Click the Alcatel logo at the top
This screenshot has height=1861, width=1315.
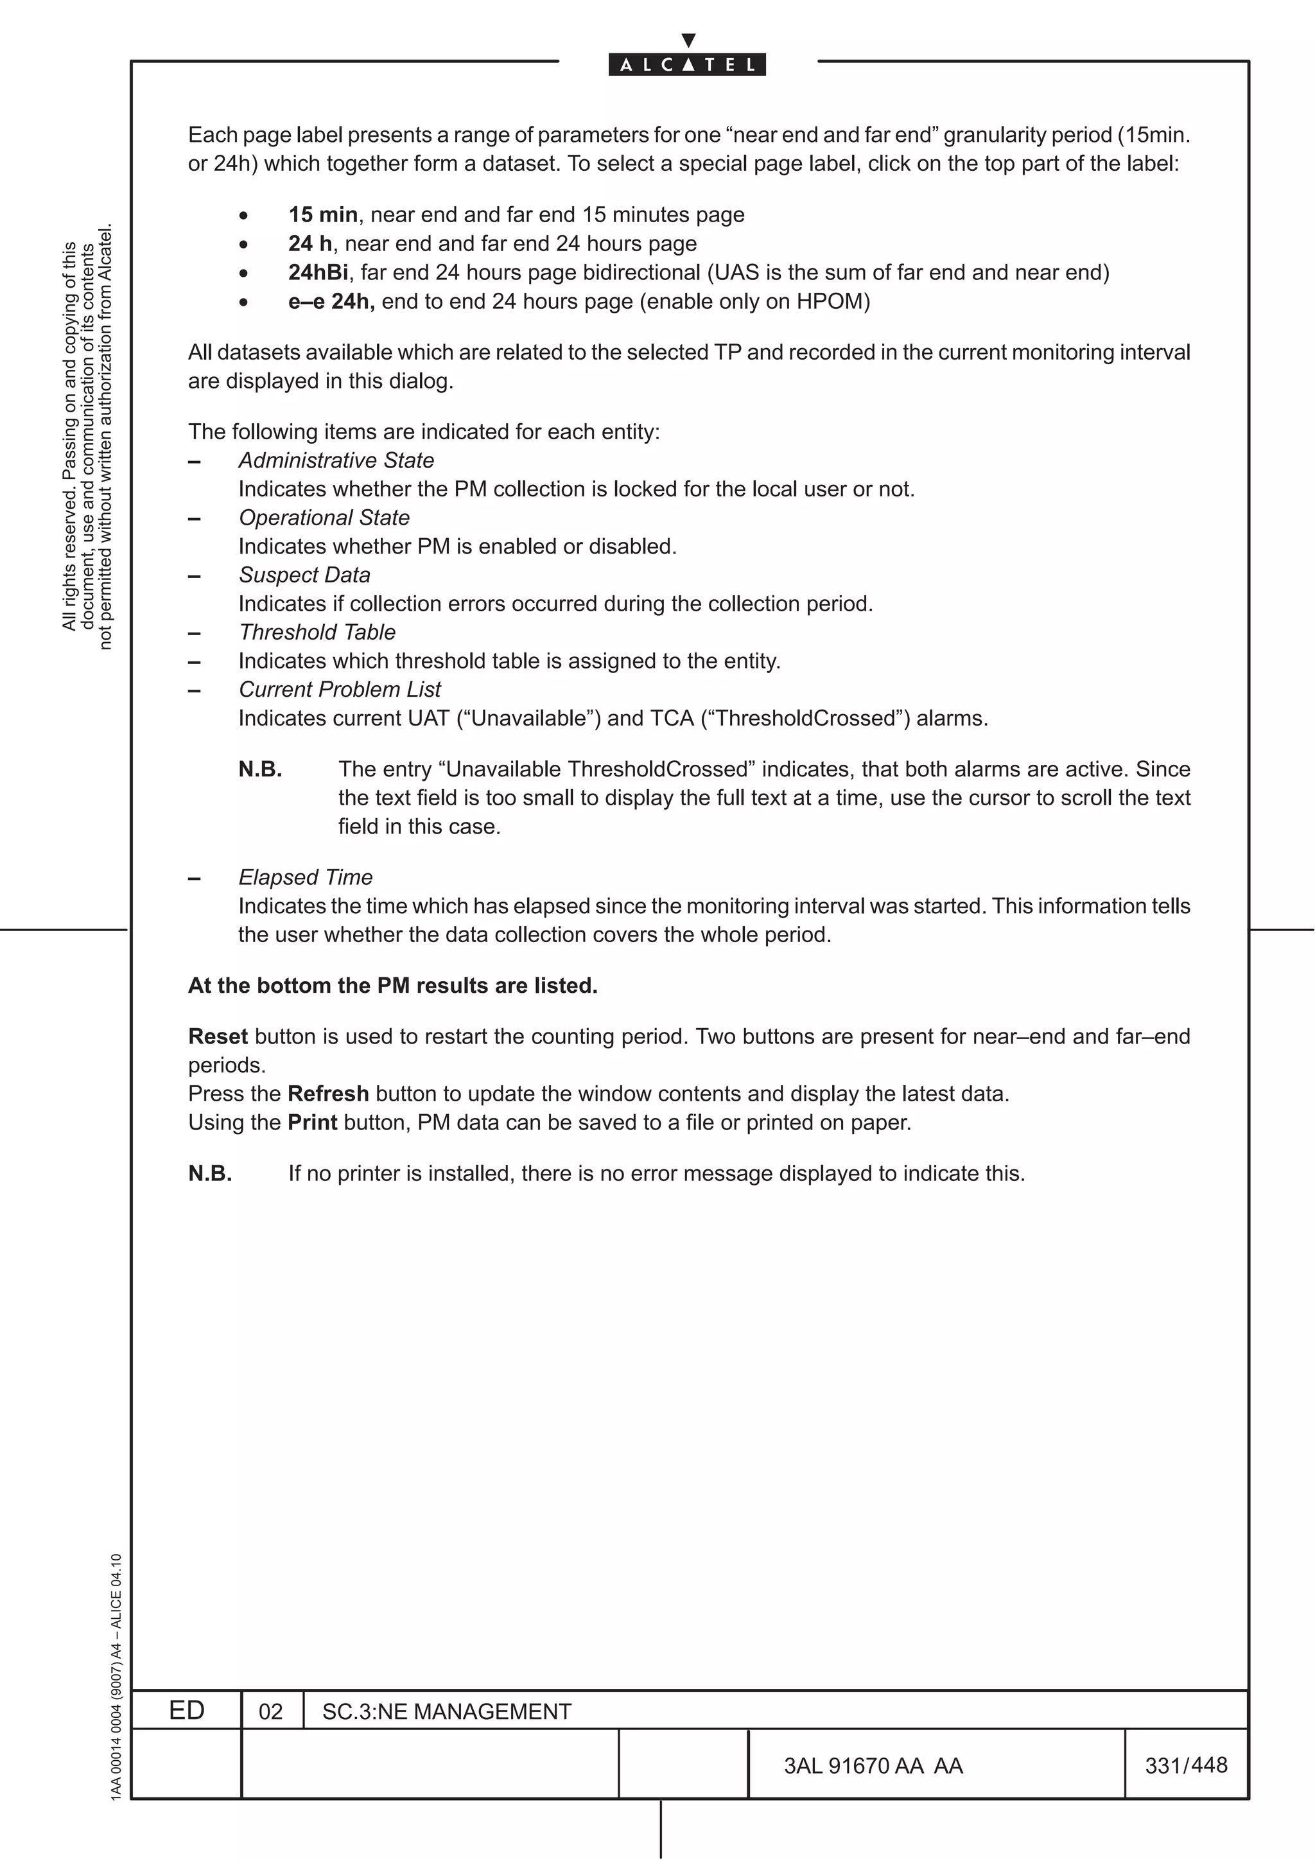[x=687, y=63]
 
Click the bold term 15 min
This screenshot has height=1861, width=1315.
[x=322, y=214]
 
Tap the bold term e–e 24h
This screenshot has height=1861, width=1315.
[x=331, y=302]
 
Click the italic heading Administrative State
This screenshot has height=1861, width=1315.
[x=336, y=460]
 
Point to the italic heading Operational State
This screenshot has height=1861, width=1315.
[x=324, y=518]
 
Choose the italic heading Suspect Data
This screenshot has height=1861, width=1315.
[x=304, y=575]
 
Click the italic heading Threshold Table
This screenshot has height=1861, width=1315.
[x=317, y=633]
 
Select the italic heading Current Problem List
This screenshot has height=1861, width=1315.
[x=340, y=690]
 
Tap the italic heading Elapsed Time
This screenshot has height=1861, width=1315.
[x=306, y=878]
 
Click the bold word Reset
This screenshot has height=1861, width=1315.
[x=218, y=1036]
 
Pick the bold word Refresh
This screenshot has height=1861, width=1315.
[x=328, y=1094]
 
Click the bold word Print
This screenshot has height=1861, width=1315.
[x=313, y=1123]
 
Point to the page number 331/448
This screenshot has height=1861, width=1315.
[x=1186, y=1765]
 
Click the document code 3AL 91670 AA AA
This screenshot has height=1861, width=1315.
[x=873, y=1766]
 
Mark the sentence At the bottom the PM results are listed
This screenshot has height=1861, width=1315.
[x=393, y=986]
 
